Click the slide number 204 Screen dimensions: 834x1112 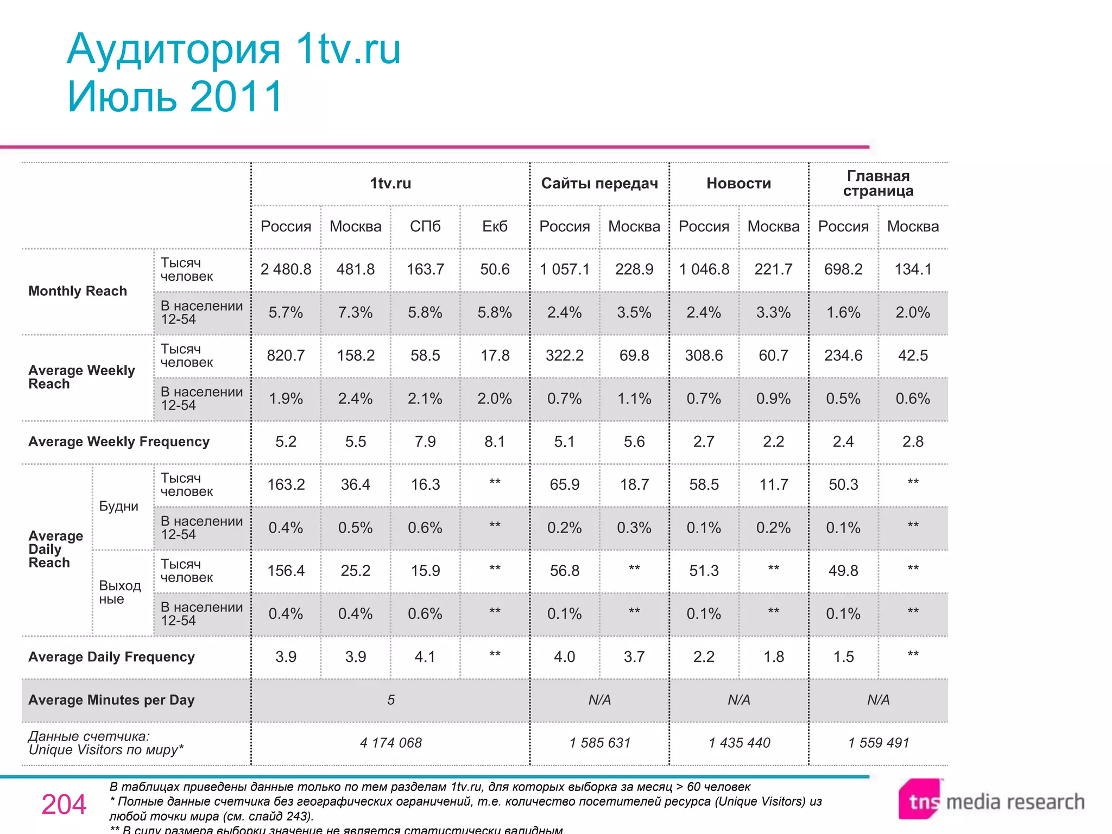pyautogui.click(x=64, y=804)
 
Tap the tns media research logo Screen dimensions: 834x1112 pyautogui.click(x=991, y=801)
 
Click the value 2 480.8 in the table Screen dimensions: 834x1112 pyautogui.click(x=286, y=269)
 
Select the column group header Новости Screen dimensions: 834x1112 pyautogui.click(x=738, y=184)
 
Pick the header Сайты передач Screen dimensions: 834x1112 pyautogui.click(x=599, y=184)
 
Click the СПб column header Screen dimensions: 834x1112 pyautogui.click(x=425, y=226)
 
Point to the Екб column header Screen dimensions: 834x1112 pyautogui.click(x=495, y=226)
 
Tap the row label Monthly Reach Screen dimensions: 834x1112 pyautogui.click(x=78, y=291)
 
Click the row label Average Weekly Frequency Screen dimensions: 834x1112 pyautogui.click(x=119, y=441)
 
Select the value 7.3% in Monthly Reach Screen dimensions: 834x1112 pyautogui.click(x=355, y=312)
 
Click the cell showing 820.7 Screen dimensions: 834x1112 pyautogui.click(x=286, y=356)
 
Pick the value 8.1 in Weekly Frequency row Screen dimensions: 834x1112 pyautogui.click(x=495, y=441)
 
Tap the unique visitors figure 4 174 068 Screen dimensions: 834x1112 pyautogui.click(x=390, y=743)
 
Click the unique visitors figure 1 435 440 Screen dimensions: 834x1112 pyautogui.click(x=739, y=743)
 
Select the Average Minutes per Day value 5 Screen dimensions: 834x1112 pyautogui.click(x=390, y=700)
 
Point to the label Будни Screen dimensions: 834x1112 pyautogui.click(x=118, y=506)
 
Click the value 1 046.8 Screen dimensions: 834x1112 pyautogui.click(x=704, y=269)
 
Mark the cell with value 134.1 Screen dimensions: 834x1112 pyautogui.click(x=913, y=269)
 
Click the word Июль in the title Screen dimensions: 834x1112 pyautogui.click(x=121, y=97)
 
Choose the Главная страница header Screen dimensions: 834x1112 pyautogui.click(x=878, y=184)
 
